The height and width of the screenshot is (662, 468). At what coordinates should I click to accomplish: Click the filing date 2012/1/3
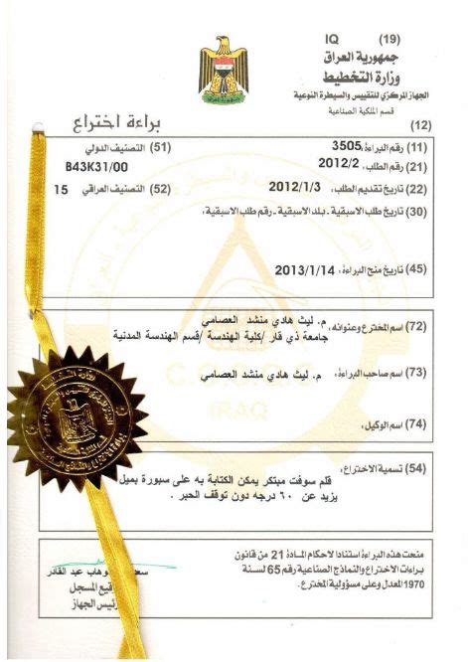pyautogui.click(x=294, y=185)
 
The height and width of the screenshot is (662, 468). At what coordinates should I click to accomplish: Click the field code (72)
pyautogui.click(x=417, y=325)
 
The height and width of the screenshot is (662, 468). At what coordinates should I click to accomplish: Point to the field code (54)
pyautogui.click(x=417, y=467)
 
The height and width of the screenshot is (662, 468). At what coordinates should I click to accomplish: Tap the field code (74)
pyautogui.click(x=417, y=424)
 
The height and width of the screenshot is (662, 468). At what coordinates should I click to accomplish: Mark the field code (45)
pyautogui.click(x=417, y=269)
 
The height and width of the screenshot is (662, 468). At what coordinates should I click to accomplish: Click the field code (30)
pyautogui.click(x=417, y=211)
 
